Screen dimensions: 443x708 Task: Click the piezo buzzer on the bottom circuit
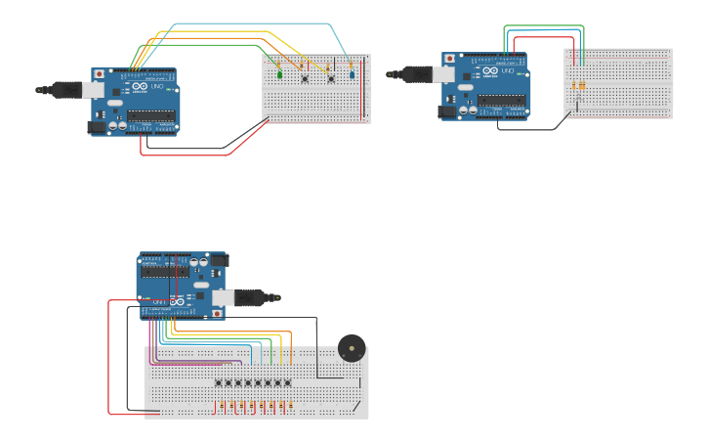click(x=352, y=348)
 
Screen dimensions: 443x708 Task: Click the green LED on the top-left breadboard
click(x=280, y=74)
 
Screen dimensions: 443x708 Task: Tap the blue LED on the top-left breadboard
click(x=353, y=74)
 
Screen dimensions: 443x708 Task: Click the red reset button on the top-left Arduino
click(x=99, y=73)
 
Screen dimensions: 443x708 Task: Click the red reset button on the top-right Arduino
click(x=448, y=59)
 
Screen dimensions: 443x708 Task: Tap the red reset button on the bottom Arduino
click(x=216, y=314)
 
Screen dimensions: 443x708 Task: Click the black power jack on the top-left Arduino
click(x=98, y=126)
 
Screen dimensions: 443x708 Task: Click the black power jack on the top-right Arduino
click(x=447, y=111)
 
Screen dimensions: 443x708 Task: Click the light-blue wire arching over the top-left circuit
click(x=254, y=23)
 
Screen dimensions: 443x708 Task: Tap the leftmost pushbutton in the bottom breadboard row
click(x=219, y=382)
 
